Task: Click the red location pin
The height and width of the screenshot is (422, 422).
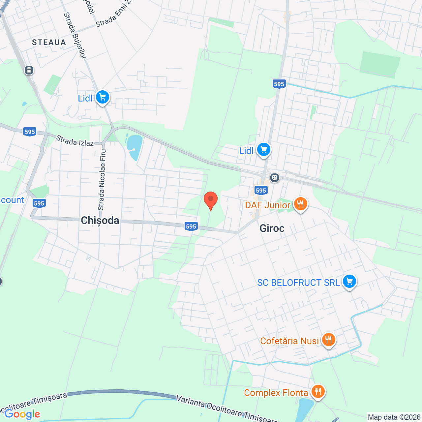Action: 211,200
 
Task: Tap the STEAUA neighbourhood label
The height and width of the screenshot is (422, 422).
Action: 49,42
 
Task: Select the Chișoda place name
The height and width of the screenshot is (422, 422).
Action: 100,220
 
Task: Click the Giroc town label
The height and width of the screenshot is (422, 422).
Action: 272,228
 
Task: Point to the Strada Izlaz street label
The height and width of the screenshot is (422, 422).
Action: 75,141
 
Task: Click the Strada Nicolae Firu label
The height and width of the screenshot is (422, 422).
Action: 102,180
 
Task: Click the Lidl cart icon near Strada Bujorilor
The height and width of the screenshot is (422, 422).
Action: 103,97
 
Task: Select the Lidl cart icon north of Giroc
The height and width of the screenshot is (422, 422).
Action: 263,150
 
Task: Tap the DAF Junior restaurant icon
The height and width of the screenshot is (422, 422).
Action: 300,204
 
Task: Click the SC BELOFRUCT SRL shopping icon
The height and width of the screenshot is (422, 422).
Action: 349,282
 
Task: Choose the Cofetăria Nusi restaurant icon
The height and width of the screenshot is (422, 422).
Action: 328,339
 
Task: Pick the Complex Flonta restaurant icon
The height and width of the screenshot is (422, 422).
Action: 317,391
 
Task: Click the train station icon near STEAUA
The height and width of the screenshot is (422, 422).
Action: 29,70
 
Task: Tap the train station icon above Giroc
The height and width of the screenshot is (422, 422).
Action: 274,178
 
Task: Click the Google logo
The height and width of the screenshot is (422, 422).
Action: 22,414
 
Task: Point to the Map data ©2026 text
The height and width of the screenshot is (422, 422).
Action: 394,417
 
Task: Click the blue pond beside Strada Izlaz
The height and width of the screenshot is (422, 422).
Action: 135,147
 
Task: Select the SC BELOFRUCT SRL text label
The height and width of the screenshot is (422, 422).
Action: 298,283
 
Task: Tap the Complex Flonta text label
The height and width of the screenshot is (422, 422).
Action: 276,393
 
